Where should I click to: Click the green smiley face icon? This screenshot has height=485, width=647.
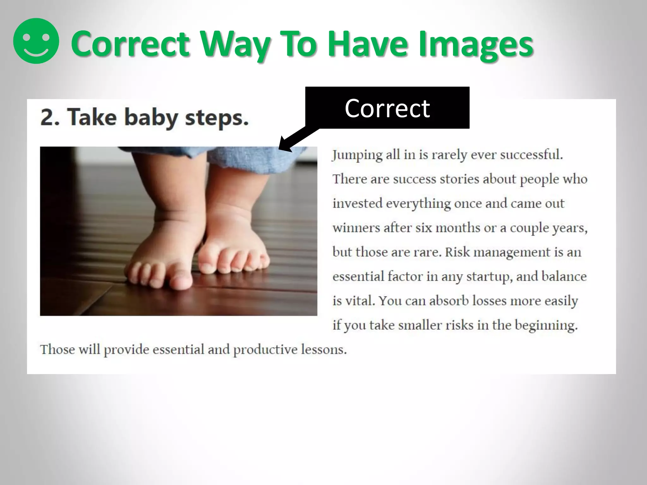(x=36, y=41)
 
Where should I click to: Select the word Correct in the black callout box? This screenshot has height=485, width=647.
(x=387, y=108)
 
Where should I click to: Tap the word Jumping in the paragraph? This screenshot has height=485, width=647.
(x=357, y=155)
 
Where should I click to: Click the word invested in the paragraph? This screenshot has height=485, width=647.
(x=357, y=203)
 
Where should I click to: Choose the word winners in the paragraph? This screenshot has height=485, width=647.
(x=356, y=228)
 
